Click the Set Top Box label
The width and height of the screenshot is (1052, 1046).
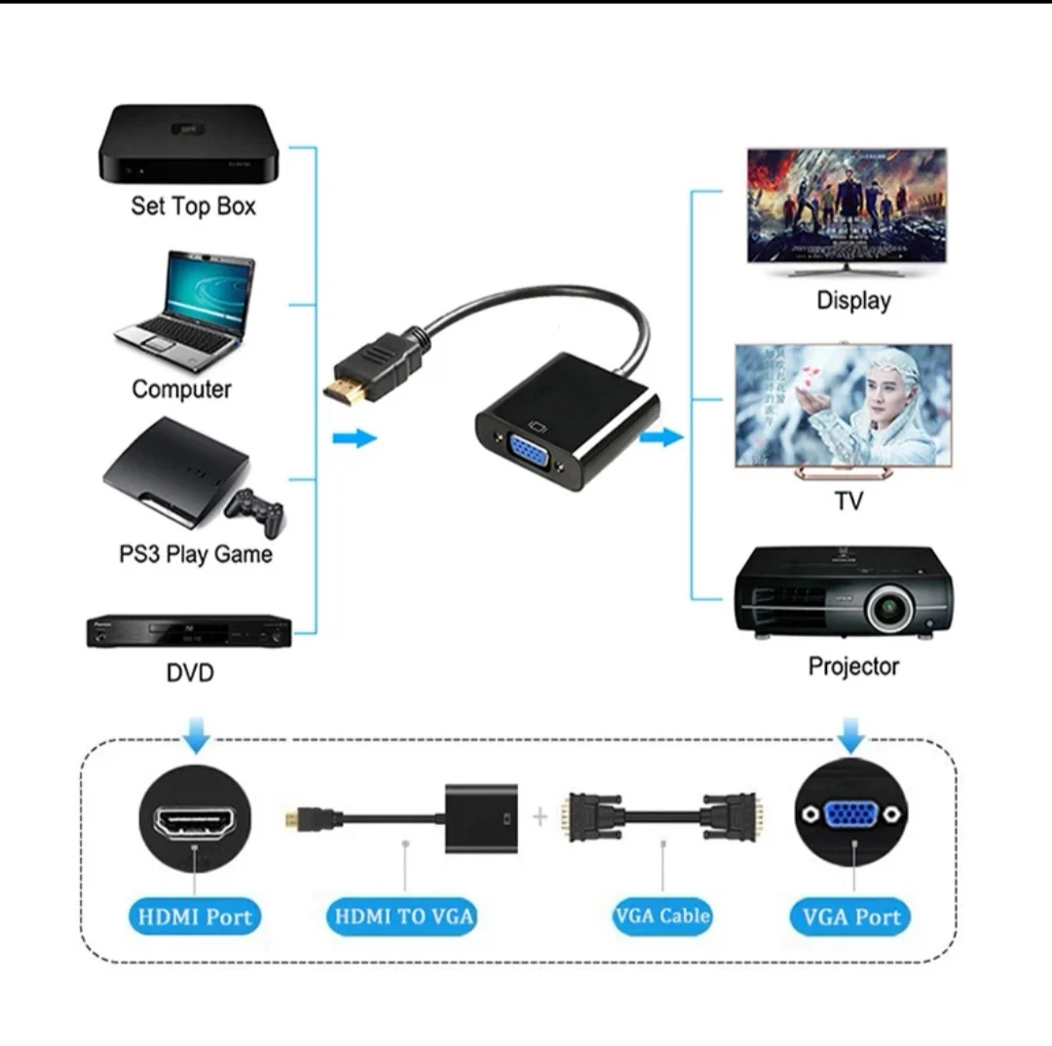coord(193,206)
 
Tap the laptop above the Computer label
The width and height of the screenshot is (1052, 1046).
coord(186,310)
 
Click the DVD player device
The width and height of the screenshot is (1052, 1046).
coord(189,631)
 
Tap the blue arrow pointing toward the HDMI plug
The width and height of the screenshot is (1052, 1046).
coord(355,438)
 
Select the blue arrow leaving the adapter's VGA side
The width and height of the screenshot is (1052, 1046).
coord(661,436)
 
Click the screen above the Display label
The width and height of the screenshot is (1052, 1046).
coord(846,206)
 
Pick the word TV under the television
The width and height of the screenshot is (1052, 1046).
coord(848,503)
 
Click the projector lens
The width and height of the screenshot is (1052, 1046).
coord(890,610)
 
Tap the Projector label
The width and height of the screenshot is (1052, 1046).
coord(853,667)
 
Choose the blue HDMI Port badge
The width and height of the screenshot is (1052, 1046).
coord(195,916)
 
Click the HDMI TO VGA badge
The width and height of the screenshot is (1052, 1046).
coord(404,916)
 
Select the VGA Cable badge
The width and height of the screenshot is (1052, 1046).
coord(662,915)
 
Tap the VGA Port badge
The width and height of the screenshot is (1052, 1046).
coord(851,916)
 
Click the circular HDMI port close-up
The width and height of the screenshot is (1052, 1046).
coord(195,817)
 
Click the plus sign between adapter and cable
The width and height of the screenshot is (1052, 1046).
coord(541,816)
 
